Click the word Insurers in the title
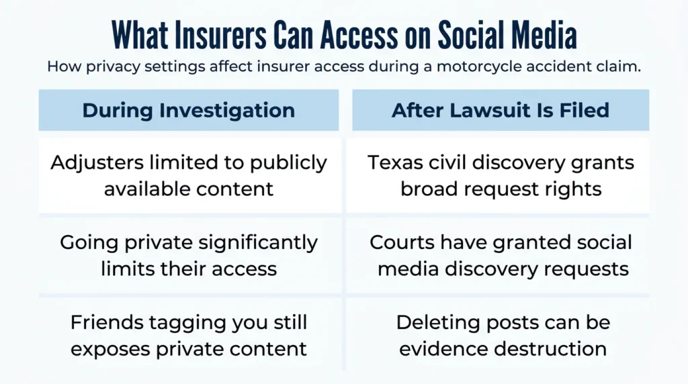tap(220, 35)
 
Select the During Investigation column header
tap(189, 110)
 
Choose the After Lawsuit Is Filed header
tap(501, 110)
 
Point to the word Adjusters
tap(97, 163)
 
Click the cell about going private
tap(189, 256)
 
